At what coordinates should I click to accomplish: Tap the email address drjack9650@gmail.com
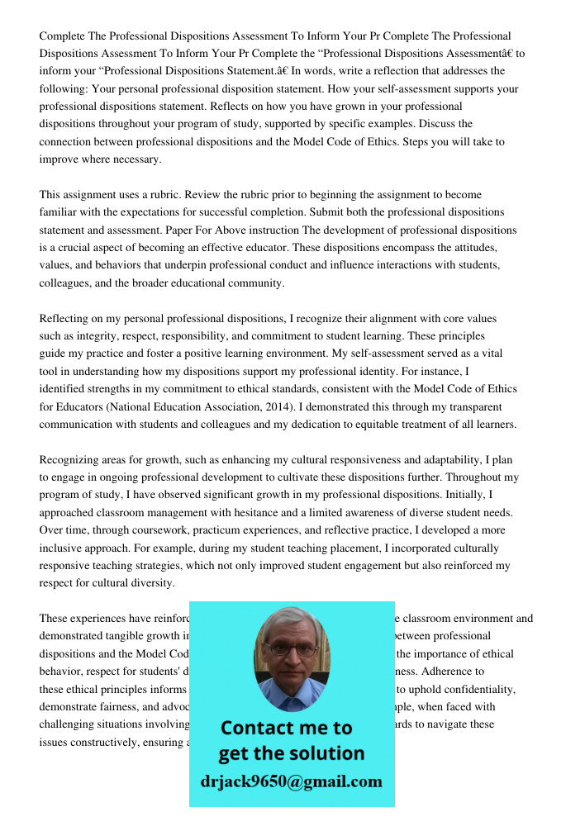point(292,781)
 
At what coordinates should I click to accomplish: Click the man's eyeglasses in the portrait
point(292,649)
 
